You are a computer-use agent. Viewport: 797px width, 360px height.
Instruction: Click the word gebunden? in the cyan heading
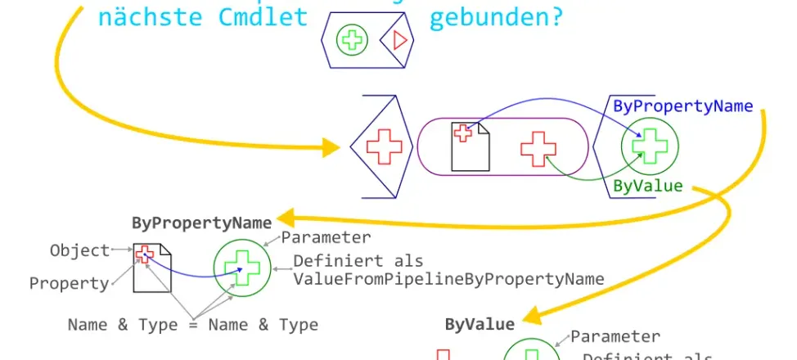click(496, 18)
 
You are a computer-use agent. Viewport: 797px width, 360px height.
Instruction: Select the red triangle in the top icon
click(398, 39)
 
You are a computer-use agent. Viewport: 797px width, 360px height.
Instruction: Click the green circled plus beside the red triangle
click(353, 39)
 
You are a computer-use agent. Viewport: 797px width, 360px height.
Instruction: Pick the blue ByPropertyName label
click(683, 106)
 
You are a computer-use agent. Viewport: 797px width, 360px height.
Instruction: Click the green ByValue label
click(647, 186)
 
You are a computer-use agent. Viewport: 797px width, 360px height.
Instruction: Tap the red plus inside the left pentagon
click(384, 147)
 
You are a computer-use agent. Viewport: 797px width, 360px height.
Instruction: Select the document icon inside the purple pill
click(471, 146)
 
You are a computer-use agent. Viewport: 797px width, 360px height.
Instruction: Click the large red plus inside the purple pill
click(538, 148)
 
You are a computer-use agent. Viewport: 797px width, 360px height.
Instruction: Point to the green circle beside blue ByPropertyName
click(650, 147)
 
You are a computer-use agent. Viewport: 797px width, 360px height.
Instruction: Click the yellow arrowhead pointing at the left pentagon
click(331, 147)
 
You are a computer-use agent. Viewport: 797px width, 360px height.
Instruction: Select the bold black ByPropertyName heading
click(201, 223)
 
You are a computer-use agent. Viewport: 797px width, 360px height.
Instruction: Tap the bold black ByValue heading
click(480, 324)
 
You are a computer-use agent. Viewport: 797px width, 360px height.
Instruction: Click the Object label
click(79, 250)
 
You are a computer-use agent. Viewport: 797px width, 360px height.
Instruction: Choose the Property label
click(69, 283)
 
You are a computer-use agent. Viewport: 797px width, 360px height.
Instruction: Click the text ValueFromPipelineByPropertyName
click(448, 279)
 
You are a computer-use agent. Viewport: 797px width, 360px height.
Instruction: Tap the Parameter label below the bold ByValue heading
click(615, 335)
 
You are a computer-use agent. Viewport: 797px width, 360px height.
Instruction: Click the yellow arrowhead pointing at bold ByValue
click(529, 315)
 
